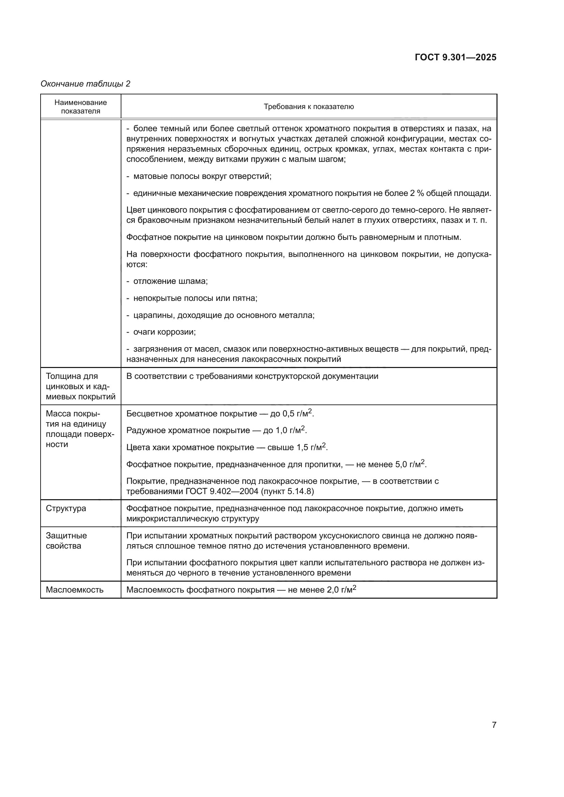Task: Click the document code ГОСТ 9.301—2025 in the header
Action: (x=455, y=57)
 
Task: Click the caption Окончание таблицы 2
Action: (x=86, y=84)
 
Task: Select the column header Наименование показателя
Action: (x=80, y=107)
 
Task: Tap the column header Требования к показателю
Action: (x=308, y=107)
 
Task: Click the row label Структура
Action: (x=66, y=508)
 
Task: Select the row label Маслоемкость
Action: (x=75, y=590)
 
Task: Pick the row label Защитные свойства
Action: (x=66, y=540)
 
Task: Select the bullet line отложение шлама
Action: (x=170, y=281)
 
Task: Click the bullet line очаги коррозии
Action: (x=164, y=332)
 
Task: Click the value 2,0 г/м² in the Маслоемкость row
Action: (x=341, y=590)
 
